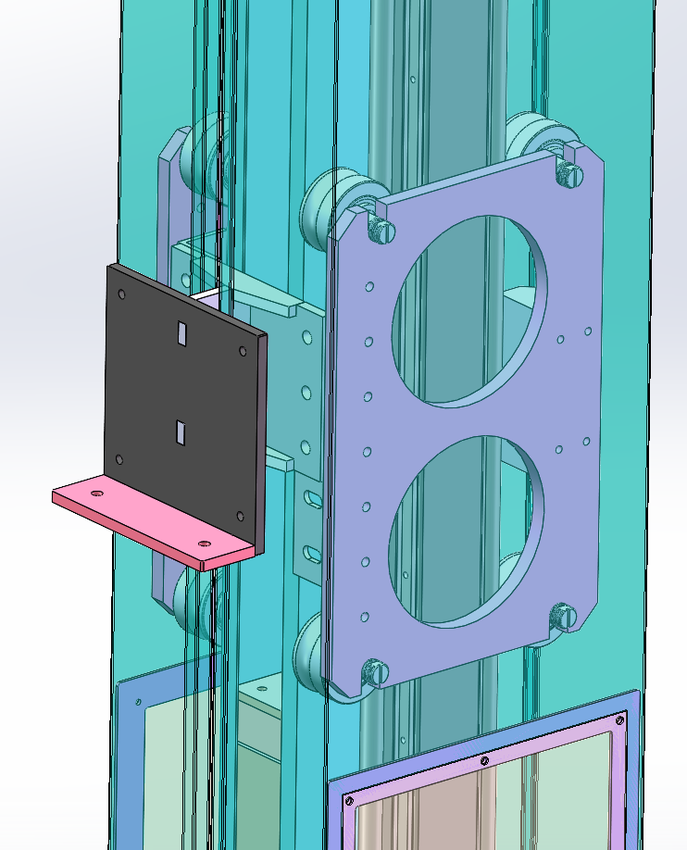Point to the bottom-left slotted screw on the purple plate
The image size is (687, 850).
tap(375, 671)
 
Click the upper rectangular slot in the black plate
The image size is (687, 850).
tap(182, 331)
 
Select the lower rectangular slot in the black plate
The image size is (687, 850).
tap(180, 430)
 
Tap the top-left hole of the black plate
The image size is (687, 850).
tap(121, 294)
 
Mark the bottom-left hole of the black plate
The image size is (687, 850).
tap(119, 458)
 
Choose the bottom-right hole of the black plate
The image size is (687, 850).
tap(241, 516)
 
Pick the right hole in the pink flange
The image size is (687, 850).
tap(205, 544)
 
